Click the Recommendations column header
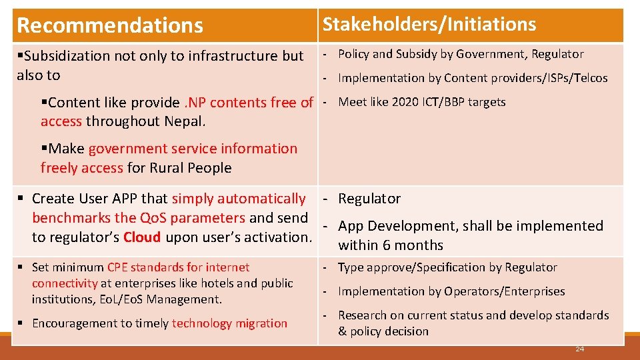point(110,25)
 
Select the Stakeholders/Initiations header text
point(429,25)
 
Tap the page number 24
point(579,349)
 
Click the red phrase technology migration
point(229,323)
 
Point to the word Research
point(362,315)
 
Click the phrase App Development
point(395,226)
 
